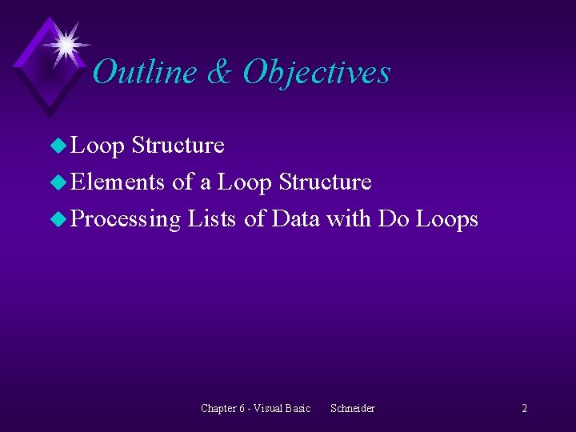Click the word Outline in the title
pos(145,72)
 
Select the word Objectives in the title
pos(317,74)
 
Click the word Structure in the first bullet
pos(178,146)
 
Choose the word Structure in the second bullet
pos(325,182)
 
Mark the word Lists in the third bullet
pos(212,219)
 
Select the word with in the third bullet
pos(349,219)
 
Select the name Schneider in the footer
pos(352,409)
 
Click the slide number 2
pos(524,409)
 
